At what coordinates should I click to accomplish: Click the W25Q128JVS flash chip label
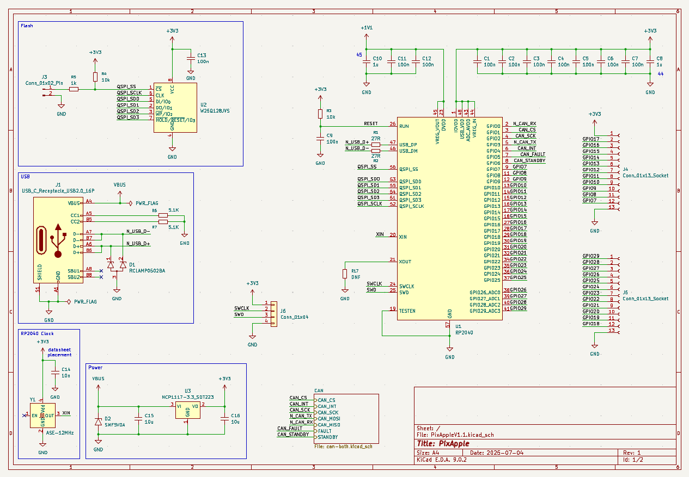pos(215,110)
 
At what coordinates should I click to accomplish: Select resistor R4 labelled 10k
pos(95,77)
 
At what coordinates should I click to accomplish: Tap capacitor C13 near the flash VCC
pos(190,58)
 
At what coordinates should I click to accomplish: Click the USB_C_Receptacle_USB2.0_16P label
pos(58,191)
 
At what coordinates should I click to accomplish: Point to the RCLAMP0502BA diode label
pos(147,270)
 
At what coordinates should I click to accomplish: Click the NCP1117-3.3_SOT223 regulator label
pos(187,397)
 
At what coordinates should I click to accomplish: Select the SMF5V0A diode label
pos(114,425)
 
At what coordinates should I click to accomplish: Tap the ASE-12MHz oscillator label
pos(60,433)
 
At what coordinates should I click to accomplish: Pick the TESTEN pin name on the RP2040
pos(407,311)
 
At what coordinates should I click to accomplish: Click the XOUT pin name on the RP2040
pos(405,262)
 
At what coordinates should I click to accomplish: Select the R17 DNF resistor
pos(345,274)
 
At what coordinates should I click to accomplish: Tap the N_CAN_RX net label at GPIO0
pos(524,123)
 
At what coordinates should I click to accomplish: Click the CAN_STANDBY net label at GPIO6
pos(529,160)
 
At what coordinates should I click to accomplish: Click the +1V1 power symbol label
pos(367,28)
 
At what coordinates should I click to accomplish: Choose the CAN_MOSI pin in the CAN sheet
pos(330,418)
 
